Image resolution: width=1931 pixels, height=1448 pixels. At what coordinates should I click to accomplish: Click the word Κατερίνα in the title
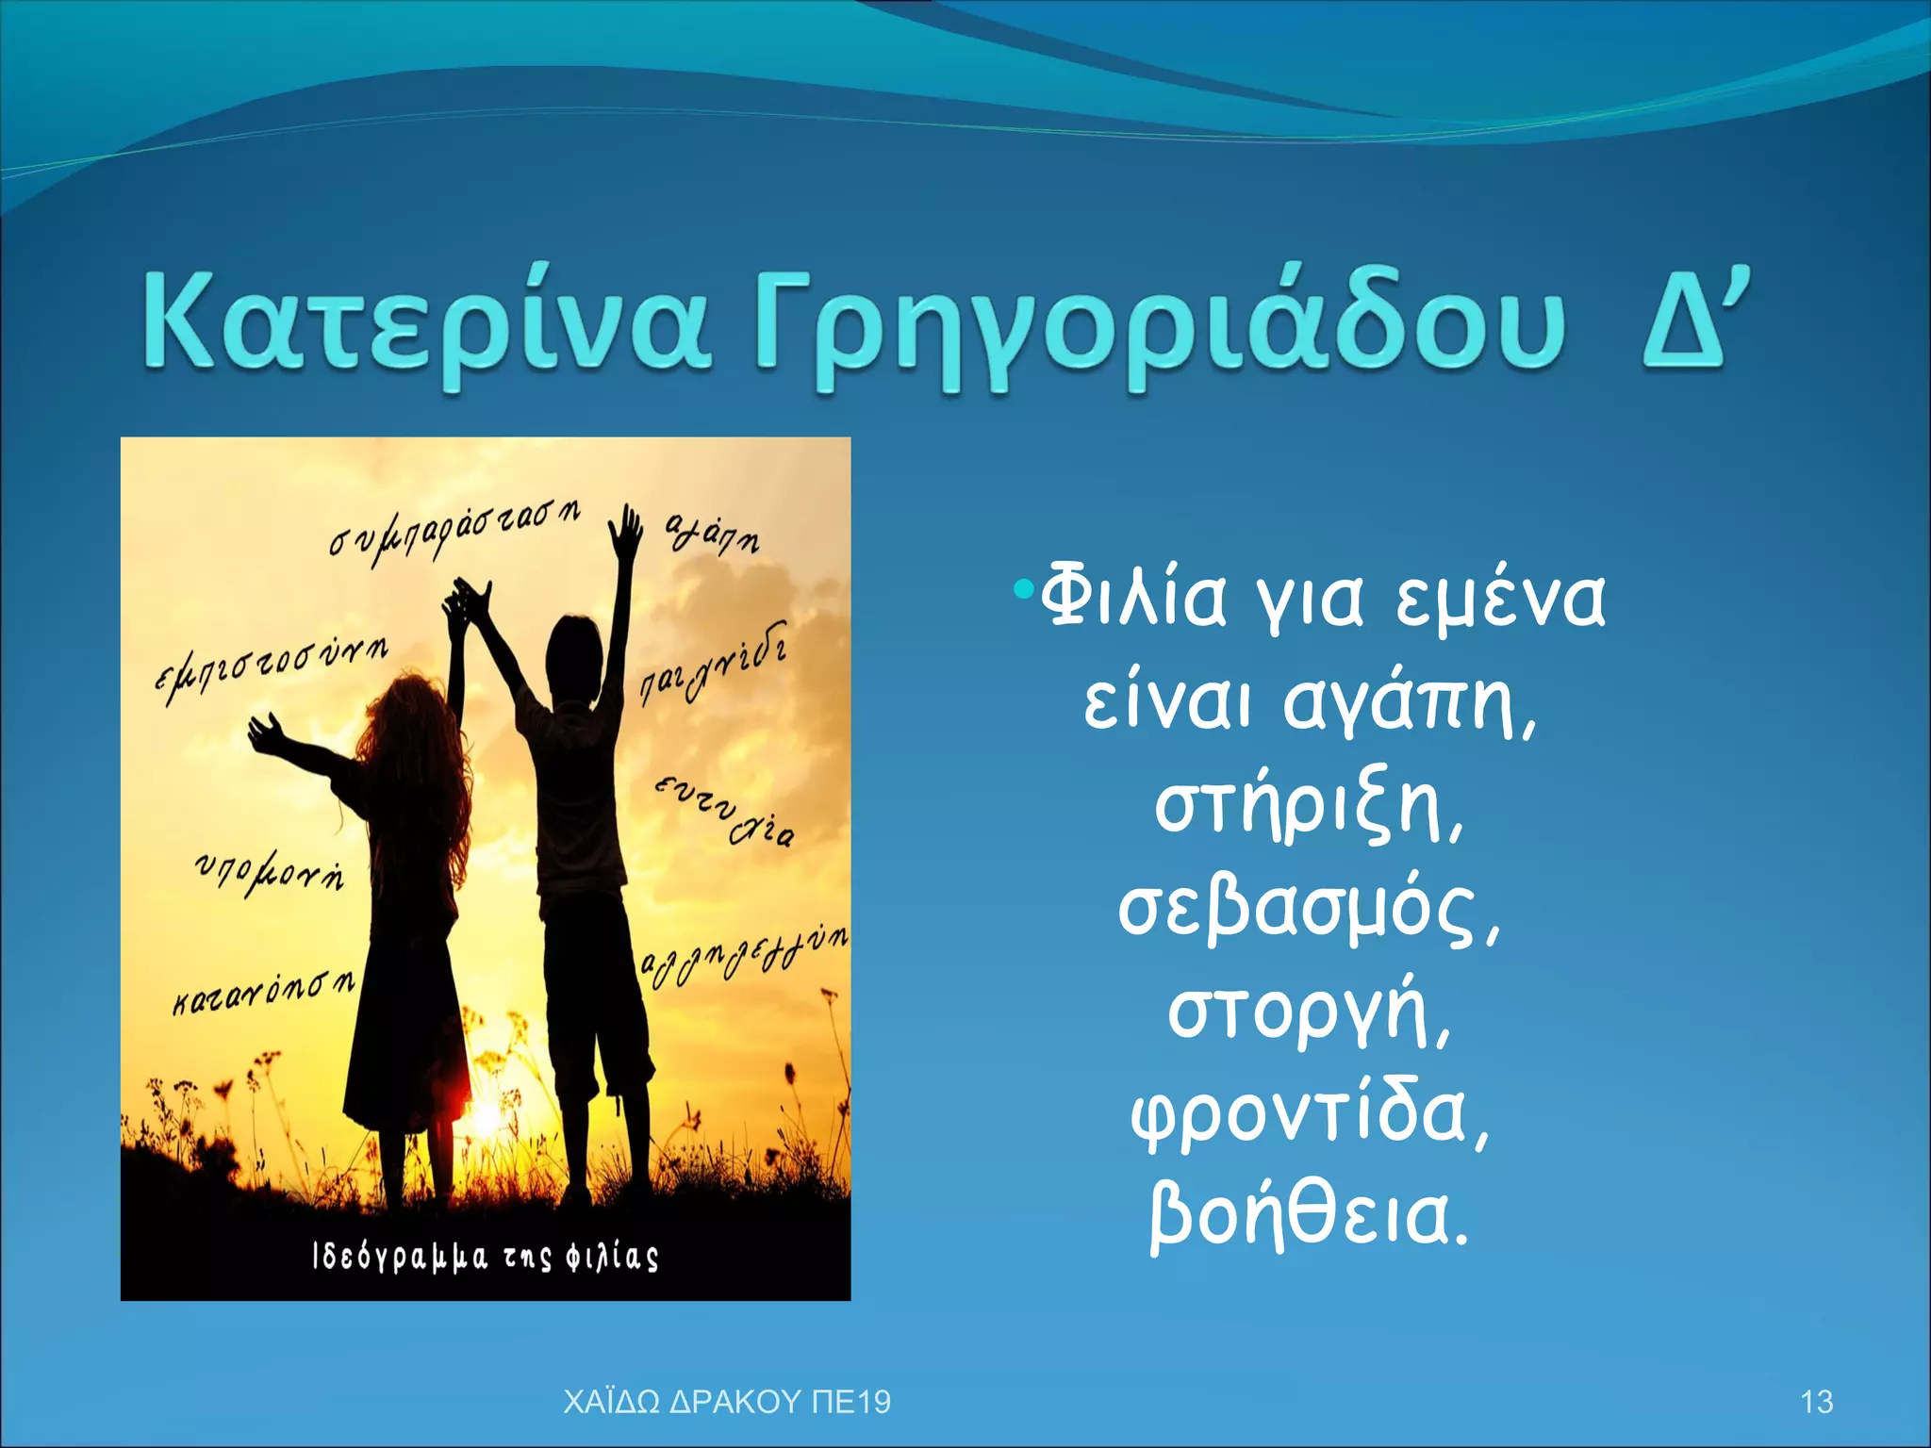[424, 325]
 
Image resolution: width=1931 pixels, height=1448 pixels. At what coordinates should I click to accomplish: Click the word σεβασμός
[1307, 911]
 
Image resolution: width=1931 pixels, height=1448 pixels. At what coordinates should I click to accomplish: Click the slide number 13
[1816, 1402]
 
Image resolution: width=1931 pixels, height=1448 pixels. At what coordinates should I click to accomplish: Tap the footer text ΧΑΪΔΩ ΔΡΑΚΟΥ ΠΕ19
[726, 1402]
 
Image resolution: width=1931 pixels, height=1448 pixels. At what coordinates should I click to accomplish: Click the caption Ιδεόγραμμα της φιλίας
[485, 1257]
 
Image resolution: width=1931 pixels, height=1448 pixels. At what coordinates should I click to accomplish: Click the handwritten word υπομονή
[270, 872]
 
